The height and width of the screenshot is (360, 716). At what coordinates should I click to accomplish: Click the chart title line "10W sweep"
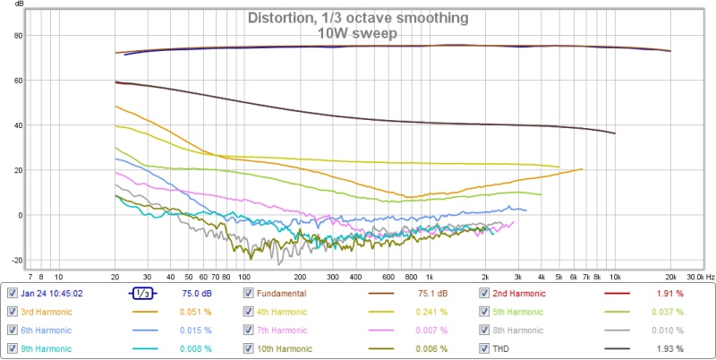[x=358, y=33]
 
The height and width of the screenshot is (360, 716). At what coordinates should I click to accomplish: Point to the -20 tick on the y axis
[x=13, y=260]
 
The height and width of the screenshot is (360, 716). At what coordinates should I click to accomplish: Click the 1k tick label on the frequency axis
[x=430, y=277]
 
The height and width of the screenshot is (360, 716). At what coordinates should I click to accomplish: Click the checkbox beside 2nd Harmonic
[x=484, y=293]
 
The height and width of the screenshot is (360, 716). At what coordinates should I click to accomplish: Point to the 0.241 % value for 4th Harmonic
[x=431, y=312]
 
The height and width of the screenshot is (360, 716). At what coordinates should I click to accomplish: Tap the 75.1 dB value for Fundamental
[x=433, y=293]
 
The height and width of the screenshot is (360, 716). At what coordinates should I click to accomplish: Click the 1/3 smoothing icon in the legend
[x=141, y=293]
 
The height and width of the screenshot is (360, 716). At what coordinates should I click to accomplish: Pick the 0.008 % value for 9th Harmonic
[x=195, y=348]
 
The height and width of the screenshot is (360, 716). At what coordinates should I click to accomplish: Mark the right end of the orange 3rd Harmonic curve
[x=583, y=169]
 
